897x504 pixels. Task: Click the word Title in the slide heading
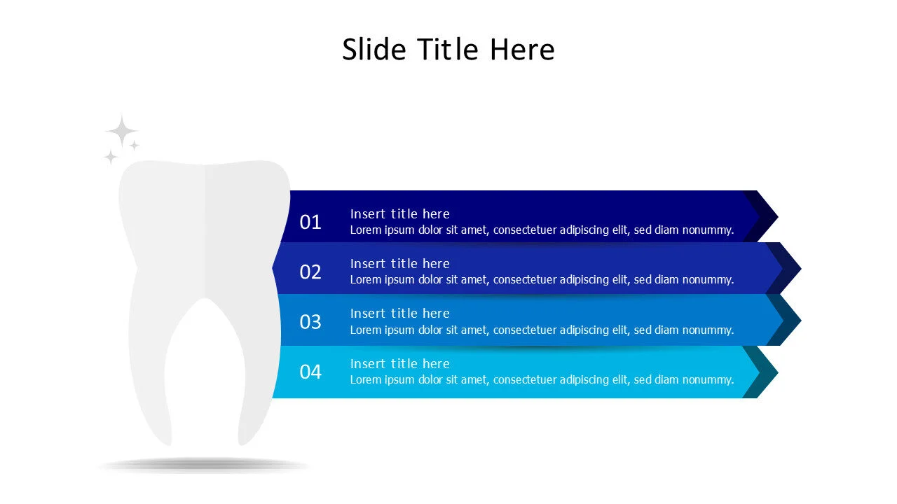coord(448,50)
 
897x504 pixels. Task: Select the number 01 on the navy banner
coord(310,222)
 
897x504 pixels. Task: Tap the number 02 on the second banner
coord(310,272)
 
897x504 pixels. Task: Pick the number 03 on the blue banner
coord(310,322)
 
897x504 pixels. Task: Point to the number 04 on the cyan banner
coord(310,372)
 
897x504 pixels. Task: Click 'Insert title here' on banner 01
coord(399,213)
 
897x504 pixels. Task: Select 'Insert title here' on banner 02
coord(399,263)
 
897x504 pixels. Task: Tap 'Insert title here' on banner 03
coord(399,313)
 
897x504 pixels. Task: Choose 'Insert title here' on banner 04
coord(399,363)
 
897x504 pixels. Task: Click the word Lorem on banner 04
coord(366,379)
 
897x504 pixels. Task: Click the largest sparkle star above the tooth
coord(122,132)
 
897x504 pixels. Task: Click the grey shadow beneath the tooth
coord(203,464)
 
